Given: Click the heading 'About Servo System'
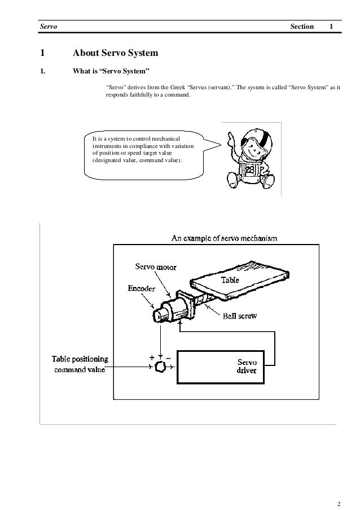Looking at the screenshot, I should [x=115, y=54].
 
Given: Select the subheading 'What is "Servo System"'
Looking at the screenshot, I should [x=111, y=72].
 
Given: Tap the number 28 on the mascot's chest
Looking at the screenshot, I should [x=249, y=170].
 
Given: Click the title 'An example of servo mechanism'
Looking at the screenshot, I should [x=224, y=238].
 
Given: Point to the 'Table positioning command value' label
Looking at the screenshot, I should [x=81, y=364].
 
